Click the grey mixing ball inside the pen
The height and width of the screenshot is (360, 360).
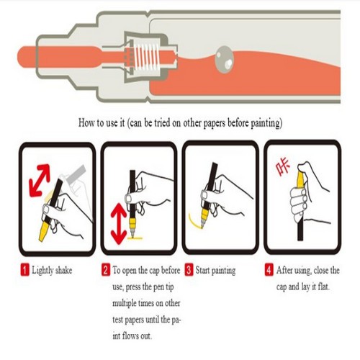click(x=225, y=59)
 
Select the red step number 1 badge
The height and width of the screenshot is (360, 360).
click(x=24, y=270)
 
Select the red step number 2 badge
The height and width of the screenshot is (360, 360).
click(x=106, y=270)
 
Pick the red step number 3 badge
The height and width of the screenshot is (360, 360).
click(x=189, y=270)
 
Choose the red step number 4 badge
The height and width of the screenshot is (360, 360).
click(x=269, y=270)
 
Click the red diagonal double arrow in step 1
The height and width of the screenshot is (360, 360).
click(x=40, y=180)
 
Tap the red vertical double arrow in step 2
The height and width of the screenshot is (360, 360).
click(x=119, y=224)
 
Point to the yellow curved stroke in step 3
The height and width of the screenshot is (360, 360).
click(x=194, y=222)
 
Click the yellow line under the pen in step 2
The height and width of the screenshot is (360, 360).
click(x=135, y=238)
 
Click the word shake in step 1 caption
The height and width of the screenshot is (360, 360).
click(x=63, y=270)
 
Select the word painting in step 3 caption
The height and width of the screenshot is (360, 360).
click(x=223, y=271)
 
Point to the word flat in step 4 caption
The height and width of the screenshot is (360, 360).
click(x=323, y=287)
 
